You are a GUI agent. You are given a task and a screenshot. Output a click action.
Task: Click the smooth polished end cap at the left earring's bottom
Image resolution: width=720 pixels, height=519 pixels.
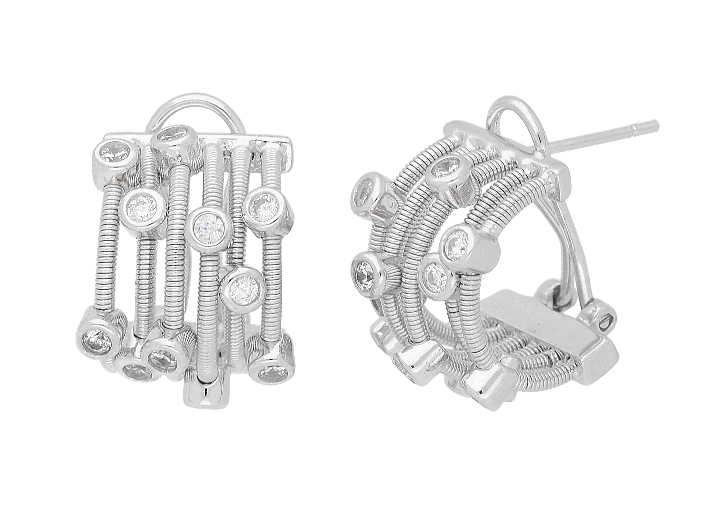pyautogui.click(x=206, y=393)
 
